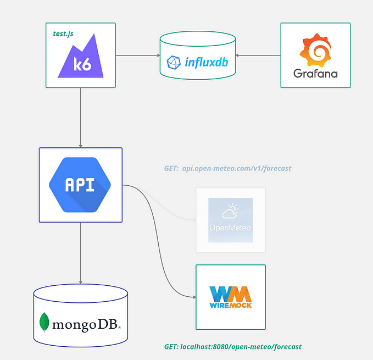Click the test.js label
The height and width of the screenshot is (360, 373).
click(63, 34)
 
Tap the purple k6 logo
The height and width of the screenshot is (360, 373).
click(81, 57)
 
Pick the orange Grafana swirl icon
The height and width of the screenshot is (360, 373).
click(315, 49)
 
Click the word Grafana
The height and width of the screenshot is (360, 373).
click(315, 73)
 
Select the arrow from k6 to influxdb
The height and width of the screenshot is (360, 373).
click(137, 55)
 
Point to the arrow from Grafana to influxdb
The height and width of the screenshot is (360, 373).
click(258, 55)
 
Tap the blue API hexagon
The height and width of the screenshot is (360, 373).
click(80, 184)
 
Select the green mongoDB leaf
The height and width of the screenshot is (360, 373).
click(44, 323)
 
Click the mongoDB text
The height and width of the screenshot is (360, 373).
click(86, 324)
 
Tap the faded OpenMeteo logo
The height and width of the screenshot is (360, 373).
click(231, 220)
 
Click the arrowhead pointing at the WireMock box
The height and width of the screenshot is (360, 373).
click(193, 297)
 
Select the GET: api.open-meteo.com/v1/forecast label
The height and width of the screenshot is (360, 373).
click(227, 168)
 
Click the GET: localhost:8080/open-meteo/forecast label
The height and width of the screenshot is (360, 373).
click(232, 347)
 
